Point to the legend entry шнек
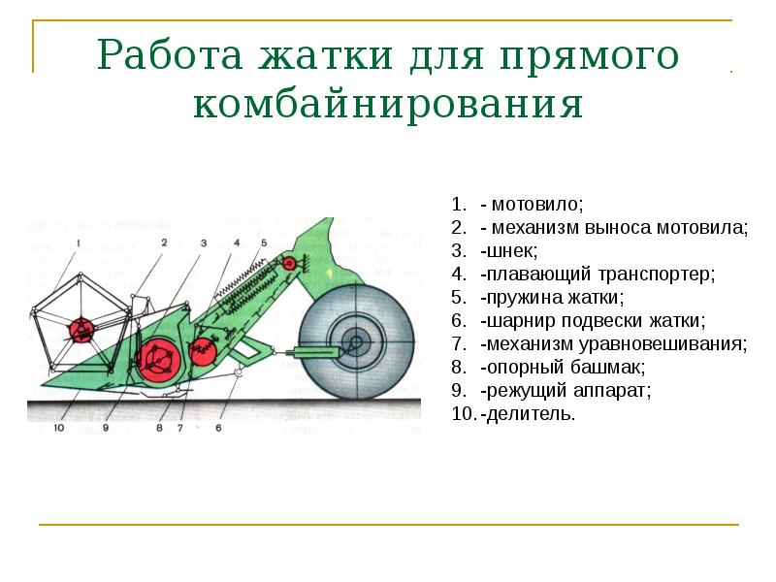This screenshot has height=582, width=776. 508,251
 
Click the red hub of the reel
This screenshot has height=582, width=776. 80,332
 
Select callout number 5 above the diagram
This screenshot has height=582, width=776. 263,242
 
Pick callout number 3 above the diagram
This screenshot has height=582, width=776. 203,242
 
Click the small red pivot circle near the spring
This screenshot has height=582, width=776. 202,349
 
